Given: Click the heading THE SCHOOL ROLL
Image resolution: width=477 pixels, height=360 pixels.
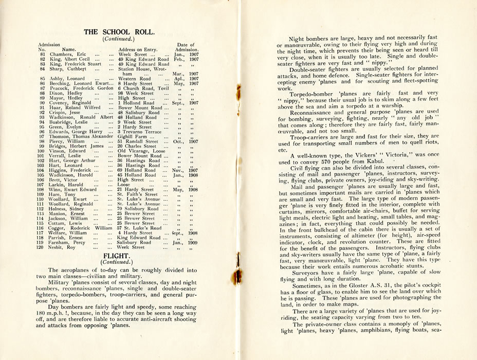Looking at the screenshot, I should point(119,32).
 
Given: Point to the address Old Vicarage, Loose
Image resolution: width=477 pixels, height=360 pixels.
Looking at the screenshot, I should point(139,151).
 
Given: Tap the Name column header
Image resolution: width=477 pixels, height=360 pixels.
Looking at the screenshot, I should point(69,49).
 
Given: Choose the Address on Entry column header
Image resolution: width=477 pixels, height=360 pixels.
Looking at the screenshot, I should point(137,49).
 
